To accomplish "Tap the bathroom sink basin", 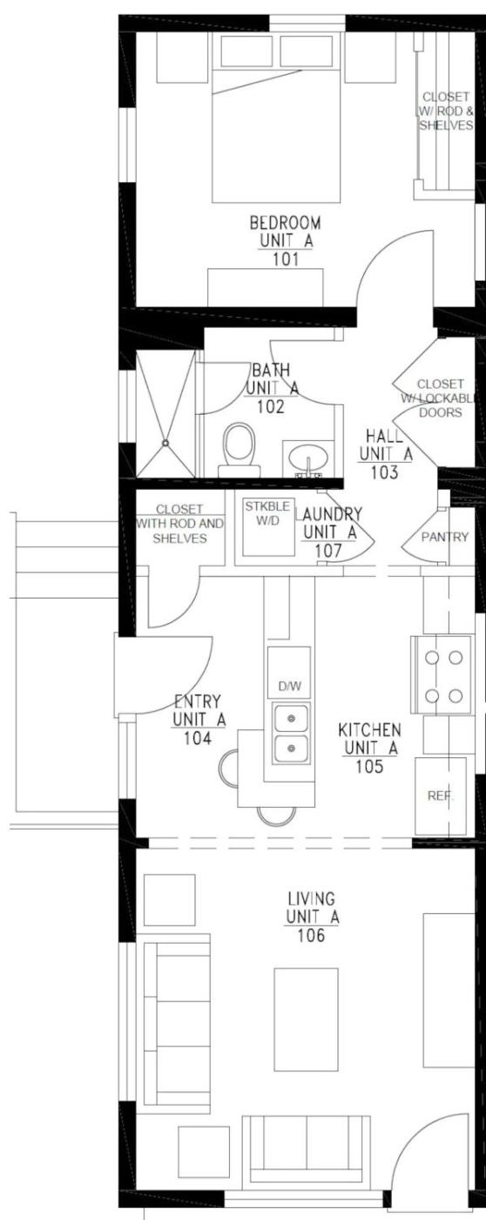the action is (308, 455).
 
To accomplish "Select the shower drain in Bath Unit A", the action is (165, 444).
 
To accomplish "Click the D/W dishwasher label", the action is (289, 687).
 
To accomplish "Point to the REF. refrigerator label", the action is (441, 796).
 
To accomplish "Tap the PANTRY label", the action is (445, 537).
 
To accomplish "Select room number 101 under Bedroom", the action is (287, 259).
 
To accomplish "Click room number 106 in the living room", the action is (311, 935).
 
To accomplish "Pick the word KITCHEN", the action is (369, 729).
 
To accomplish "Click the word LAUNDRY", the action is (328, 513).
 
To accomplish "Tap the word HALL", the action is (385, 436).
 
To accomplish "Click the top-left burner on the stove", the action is (432, 658).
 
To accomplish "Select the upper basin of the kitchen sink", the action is (290, 718).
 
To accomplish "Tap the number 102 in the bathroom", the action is (271, 406).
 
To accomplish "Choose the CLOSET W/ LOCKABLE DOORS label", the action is (441, 398).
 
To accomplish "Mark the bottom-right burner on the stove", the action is (456, 695).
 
